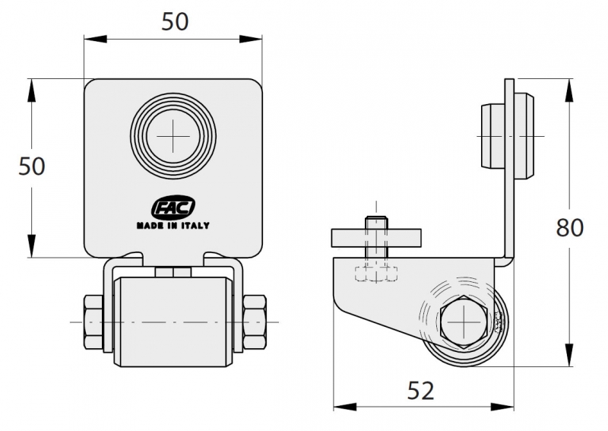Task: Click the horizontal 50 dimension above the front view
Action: click(x=175, y=22)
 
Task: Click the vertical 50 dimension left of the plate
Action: click(x=32, y=166)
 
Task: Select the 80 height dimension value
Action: click(x=569, y=228)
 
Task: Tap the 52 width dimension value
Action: click(x=421, y=391)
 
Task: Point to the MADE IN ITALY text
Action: click(x=173, y=226)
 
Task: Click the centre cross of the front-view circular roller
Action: click(x=173, y=136)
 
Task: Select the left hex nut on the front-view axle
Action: click(x=93, y=322)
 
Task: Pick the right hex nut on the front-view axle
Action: click(x=255, y=322)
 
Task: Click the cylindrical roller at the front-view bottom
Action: click(x=173, y=322)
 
